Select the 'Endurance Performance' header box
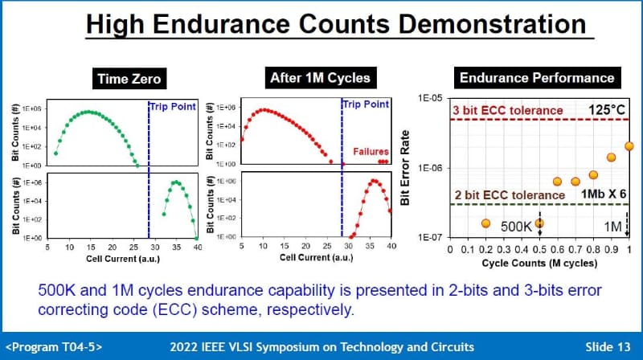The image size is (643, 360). coord(536,78)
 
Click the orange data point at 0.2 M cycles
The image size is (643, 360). coord(485,223)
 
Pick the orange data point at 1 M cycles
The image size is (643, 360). coord(629,146)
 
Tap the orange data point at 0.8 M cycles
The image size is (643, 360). coord(593,174)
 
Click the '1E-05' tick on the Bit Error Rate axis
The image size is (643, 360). coord(428,98)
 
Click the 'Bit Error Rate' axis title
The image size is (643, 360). coord(405,167)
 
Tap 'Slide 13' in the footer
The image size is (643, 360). coord(608,346)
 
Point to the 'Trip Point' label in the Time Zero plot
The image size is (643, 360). coord(174,106)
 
